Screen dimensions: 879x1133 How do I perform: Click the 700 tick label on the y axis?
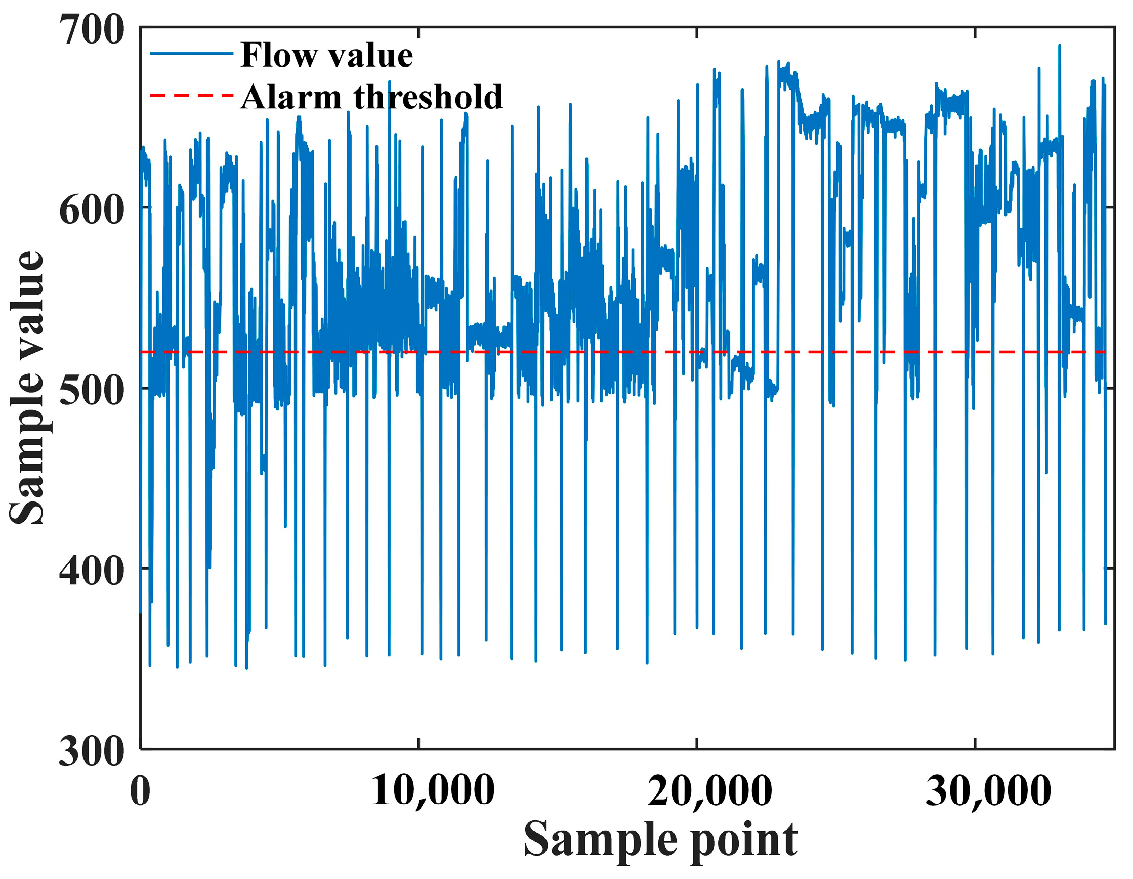pyautogui.click(x=92, y=29)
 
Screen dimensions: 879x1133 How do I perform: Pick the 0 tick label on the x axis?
pyautogui.click(x=140, y=792)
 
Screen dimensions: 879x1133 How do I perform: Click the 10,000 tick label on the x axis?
pyautogui.click(x=433, y=792)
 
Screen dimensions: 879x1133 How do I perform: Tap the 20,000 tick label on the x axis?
pyautogui.click(x=710, y=792)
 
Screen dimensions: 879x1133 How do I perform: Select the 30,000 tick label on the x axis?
pyautogui.click(x=988, y=792)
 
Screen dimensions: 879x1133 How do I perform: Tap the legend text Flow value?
pyautogui.click(x=327, y=55)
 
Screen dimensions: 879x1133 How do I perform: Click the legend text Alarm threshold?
pyautogui.click(x=371, y=97)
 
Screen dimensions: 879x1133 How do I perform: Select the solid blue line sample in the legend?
pyautogui.click(x=191, y=53)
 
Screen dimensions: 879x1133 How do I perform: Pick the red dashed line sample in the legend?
pyautogui.click(x=191, y=96)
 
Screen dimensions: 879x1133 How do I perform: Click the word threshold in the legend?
pyautogui.click(x=428, y=97)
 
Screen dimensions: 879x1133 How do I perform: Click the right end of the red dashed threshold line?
pyautogui.click(x=1104, y=352)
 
